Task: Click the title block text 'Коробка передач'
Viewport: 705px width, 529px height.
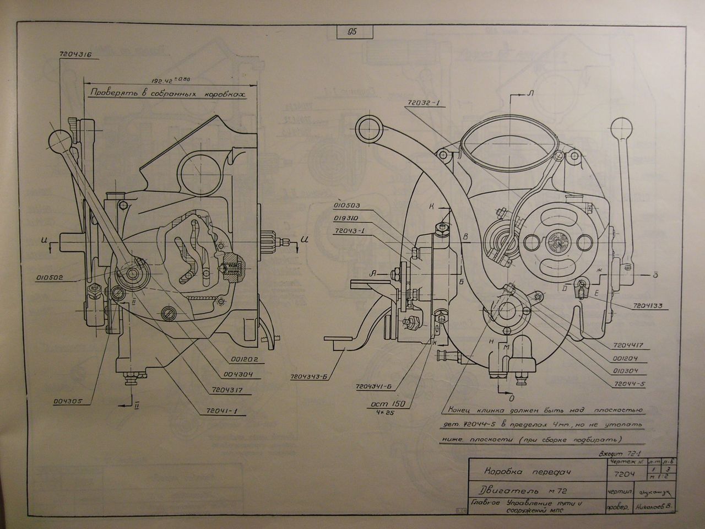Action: pos(518,471)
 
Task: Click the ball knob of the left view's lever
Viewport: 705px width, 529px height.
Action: pos(58,140)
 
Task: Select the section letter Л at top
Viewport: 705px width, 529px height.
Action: pos(531,94)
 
